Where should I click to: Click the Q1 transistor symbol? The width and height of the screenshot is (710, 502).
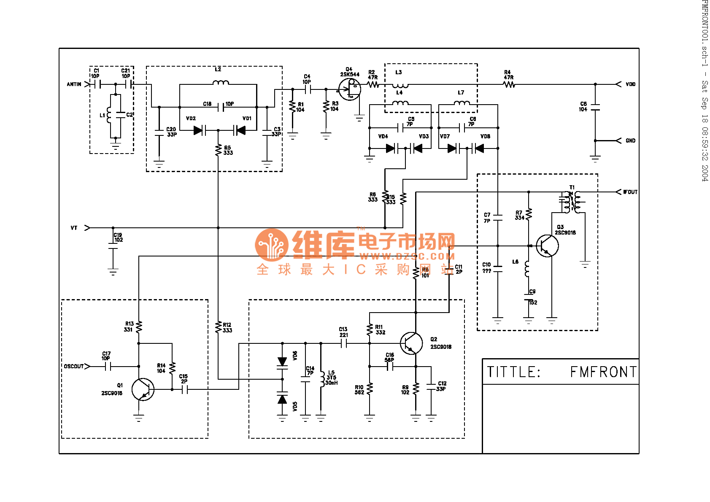point(143,389)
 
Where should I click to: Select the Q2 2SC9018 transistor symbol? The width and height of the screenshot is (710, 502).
point(411,343)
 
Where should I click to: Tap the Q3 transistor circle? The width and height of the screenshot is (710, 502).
point(547,246)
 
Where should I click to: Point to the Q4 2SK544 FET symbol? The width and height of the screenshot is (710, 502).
point(350,89)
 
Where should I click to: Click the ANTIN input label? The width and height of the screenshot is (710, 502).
point(74,84)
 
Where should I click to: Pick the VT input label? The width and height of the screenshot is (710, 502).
point(74,228)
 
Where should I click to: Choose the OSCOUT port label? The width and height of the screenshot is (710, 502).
point(74,366)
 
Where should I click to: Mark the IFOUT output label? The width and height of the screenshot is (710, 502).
point(630,192)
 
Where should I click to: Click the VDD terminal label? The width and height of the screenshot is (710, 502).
point(630,84)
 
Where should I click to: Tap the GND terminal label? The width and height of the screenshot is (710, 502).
point(630,141)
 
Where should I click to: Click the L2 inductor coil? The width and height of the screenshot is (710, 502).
point(221,83)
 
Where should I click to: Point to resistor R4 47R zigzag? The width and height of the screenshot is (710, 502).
point(509,84)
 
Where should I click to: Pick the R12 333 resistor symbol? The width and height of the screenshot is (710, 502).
point(218,327)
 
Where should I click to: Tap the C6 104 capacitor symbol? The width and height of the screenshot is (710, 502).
point(595,107)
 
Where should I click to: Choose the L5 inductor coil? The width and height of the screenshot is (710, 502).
point(321,378)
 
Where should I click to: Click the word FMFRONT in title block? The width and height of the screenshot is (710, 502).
point(603,372)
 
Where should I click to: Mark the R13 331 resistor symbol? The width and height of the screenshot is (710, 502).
point(139,327)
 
